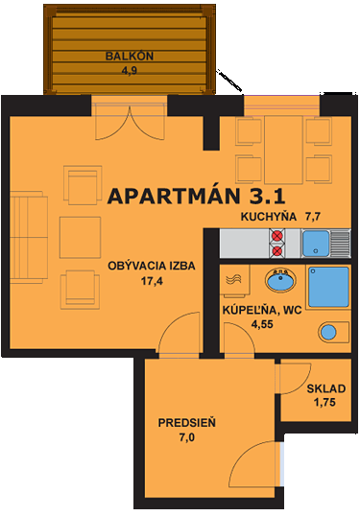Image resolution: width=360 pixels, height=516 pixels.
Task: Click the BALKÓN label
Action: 130,55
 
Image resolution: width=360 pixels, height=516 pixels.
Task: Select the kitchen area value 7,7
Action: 313,217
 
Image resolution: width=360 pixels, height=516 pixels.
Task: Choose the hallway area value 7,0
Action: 187,437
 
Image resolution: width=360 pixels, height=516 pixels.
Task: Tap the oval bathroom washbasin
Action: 281,283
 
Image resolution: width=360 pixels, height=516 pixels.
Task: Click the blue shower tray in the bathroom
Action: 328,285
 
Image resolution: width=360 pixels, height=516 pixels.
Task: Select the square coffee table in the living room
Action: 78,234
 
